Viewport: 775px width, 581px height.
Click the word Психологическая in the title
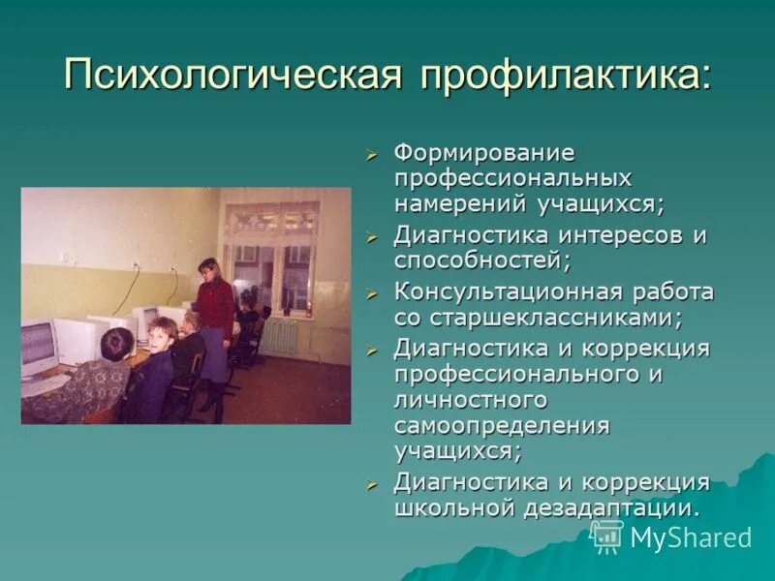[x=232, y=75]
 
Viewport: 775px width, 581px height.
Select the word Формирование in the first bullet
[x=483, y=154]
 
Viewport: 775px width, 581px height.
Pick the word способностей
[x=480, y=260]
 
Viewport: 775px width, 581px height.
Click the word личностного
[x=470, y=399]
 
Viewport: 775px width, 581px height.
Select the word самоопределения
[x=501, y=425]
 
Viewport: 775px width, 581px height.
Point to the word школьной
[x=451, y=507]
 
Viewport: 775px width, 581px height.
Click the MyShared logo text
[x=691, y=537]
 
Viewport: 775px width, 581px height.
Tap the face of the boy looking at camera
[x=161, y=333]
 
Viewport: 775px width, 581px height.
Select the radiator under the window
[x=280, y=335]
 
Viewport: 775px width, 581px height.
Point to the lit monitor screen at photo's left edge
[x=37, y=346]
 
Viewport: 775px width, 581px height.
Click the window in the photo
[x=270, y=258]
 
